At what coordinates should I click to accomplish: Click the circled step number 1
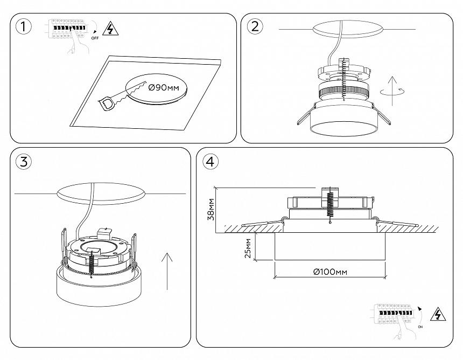pyautogui.click(x=22, y=27)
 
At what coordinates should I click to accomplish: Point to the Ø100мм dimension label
pyautogui.click(x=330, y=272)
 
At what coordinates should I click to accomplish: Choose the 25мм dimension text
pyautogui.click(x=248, y=248)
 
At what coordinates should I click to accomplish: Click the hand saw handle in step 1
pyautogui.click(x=107, y=102)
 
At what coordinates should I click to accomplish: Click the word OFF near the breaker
pyautogui.click(x=95, y=39)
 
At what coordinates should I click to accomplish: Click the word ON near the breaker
pyautogui.click(x=420, y=327)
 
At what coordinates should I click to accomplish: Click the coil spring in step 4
pyautogui.click(x=328, y=202)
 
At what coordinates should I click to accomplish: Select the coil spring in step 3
pyautogui.click(x=92, y=264)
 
